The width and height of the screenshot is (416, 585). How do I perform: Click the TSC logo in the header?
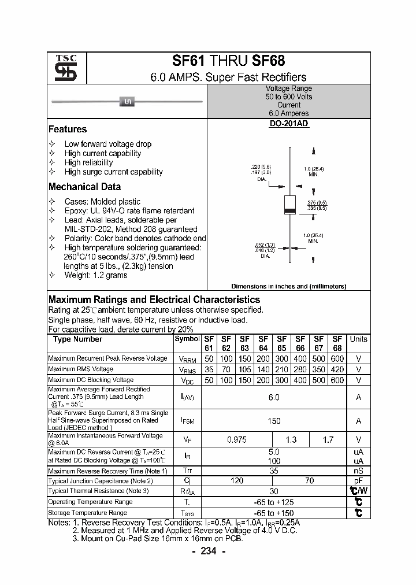click(62, 69)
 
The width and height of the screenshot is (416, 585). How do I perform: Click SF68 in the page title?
click(269, 61)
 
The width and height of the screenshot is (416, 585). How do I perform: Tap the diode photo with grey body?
click(128, 102)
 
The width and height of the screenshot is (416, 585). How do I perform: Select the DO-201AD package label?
click(289, 124)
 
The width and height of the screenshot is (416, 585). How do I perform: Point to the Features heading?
click(68, 129)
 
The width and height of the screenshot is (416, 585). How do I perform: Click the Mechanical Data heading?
click(84, 187)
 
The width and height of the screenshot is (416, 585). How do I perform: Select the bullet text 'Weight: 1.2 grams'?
click(96, 275)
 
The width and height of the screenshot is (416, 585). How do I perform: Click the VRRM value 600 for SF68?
click(337, 359)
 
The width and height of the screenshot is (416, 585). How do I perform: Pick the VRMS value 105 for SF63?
click(244, 369)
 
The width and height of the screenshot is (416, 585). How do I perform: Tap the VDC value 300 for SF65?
click(282, 380)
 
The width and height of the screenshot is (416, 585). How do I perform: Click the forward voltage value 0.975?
click(236, 440)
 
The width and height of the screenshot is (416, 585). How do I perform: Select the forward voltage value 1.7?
click(328, 440)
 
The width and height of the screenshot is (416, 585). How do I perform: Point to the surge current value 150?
click(274, 421)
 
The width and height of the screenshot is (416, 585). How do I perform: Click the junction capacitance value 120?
click(236, 481)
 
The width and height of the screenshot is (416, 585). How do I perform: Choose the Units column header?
click(358, 339)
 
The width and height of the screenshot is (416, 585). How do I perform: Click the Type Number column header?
click(77, 339)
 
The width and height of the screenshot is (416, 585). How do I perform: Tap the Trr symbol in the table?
click(187, 471)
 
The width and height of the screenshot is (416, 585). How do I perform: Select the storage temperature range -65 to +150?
click(274, 513)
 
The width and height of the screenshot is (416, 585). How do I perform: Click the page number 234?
click(208, 551)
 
